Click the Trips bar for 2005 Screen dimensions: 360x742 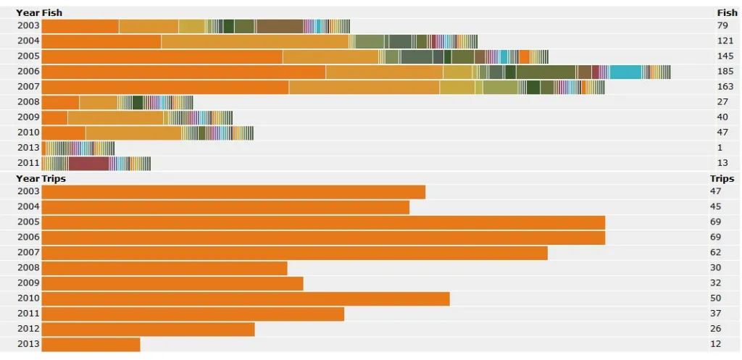coord(323,222)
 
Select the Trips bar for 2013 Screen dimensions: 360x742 coord(91,344)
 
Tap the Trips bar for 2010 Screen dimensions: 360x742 coord(246,298)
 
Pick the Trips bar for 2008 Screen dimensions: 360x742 coord(164,268)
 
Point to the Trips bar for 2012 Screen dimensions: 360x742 coord(148,329)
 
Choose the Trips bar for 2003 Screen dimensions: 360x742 coord(233,192)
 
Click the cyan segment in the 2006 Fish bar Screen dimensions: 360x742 coord(625,72)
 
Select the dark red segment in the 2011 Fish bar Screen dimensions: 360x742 coord(88,163)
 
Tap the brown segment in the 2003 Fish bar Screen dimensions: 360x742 coord(280,26)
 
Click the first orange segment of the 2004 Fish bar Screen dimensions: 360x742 coord(101,41)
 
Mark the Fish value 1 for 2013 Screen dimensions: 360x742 coord(720,148)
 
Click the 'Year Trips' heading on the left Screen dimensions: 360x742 coord(41,178)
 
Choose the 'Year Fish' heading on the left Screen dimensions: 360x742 coord(39,12)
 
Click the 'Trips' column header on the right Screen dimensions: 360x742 coord(722,178)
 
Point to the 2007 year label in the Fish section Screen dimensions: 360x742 coord(28,87)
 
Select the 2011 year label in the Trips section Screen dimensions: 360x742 coord(28,314)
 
